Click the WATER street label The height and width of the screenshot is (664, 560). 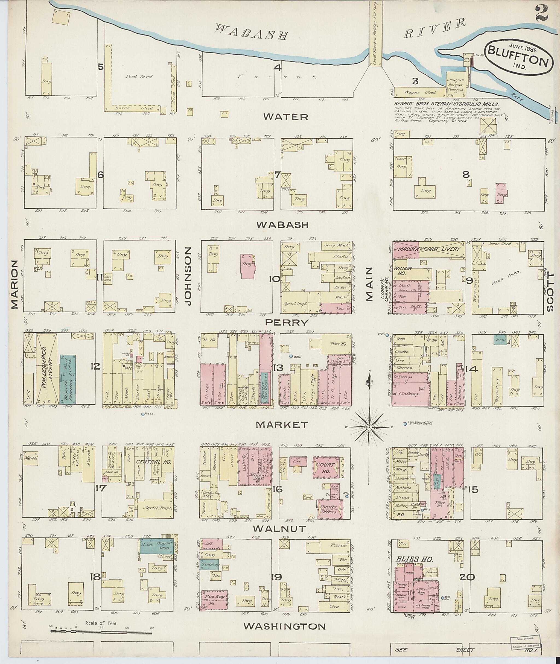tap(286, 117)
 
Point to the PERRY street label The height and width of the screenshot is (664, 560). tap(287, 323)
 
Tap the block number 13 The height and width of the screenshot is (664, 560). tap(278, 368)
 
